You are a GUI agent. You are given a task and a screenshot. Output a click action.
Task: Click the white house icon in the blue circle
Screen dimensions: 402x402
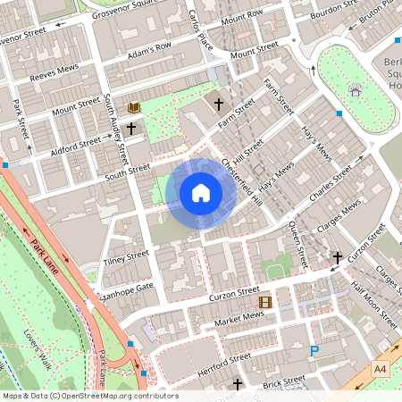tap(201, 193)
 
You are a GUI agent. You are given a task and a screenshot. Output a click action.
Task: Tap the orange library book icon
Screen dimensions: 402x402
tap(134, 108)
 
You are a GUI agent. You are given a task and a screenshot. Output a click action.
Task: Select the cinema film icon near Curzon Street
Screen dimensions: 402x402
tap(264, 302)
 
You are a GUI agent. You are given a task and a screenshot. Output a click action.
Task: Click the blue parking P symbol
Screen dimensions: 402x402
tap(314, 351)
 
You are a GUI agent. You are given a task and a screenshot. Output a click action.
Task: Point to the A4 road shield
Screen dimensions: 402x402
tap(381, 368)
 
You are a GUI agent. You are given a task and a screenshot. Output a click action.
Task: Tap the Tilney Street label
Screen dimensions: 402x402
tap(125, 257)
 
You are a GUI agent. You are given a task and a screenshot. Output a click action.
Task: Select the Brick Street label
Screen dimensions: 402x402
tap(283, 382)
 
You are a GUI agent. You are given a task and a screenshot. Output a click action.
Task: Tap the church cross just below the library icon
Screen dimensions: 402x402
tap(131, 129)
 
